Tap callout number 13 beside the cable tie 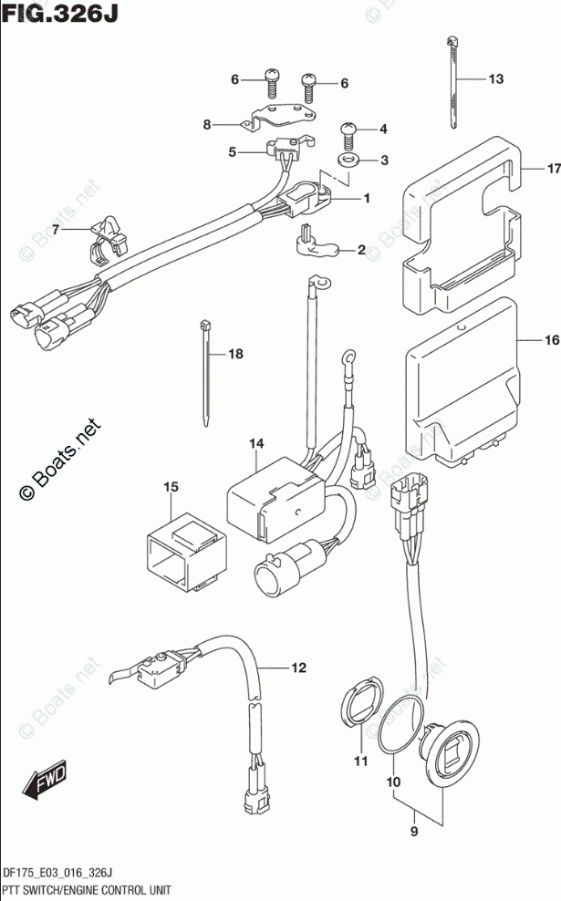click(x=495, y=79)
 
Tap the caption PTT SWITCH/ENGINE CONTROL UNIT click(x=95, y=888)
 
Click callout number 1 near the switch click(x=366, y=198)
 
